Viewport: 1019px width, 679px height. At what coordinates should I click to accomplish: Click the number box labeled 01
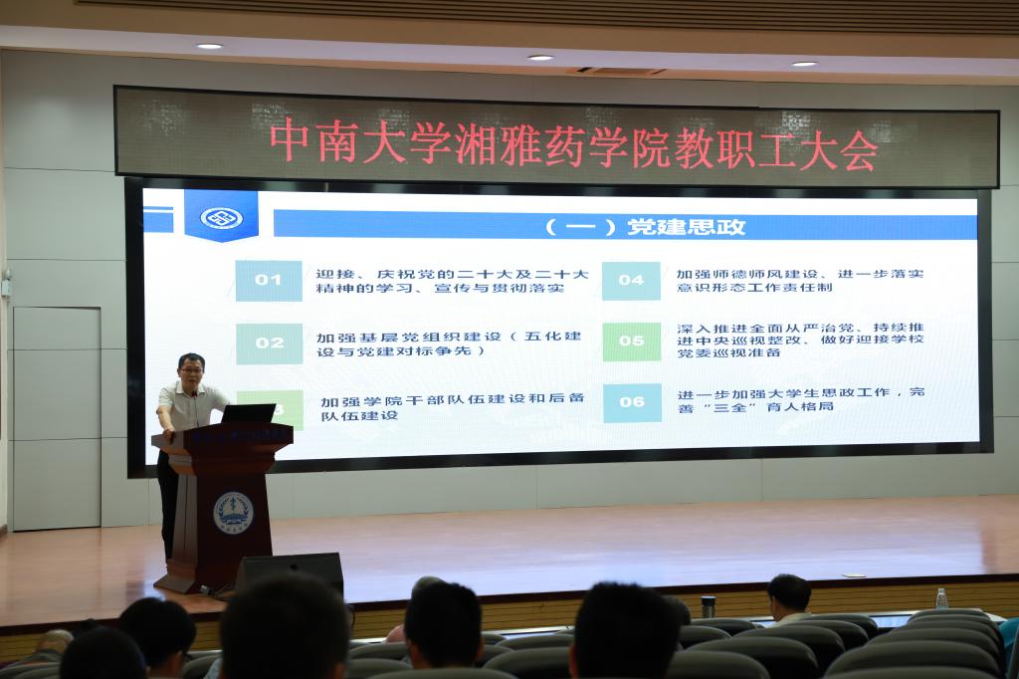pos(269,281)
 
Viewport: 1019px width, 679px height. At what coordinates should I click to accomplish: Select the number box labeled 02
pos(269,343)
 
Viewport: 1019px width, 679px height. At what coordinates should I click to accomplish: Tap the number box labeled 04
pos(631,281)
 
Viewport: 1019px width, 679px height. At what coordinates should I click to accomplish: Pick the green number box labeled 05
pos(631,341)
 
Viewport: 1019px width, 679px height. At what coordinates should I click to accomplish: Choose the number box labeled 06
pos(631,402)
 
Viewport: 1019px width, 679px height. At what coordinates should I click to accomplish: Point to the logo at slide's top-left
pos(221,217)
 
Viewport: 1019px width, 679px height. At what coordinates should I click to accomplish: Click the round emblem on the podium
pos(233,512)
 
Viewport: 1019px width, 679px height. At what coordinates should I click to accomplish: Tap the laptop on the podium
pos(247,413)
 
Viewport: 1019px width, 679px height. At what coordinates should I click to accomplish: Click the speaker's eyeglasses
pos(191,369)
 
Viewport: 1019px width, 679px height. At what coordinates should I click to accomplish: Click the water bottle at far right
pos(941,598)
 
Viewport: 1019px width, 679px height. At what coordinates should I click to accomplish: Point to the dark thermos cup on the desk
pos(708,605)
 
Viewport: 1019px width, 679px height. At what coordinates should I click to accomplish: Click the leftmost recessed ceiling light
pos(209,46)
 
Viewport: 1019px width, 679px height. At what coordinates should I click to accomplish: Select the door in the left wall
pos(56,417)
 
